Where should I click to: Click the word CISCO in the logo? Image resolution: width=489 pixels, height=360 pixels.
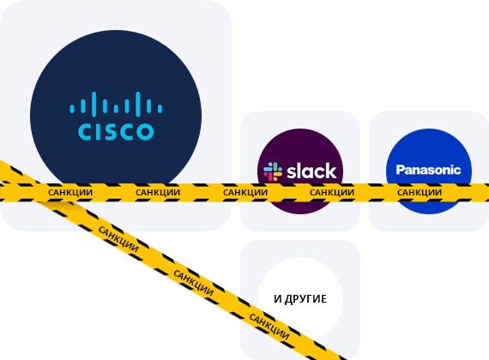(116, 131)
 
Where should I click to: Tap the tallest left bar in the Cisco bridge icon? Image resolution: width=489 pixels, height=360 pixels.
(94, 104)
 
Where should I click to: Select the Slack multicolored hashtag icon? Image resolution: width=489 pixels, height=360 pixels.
(273, 171)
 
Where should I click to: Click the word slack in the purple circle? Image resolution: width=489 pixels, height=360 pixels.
(311, 171)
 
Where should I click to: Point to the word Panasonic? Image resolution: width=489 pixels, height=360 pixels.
(428, 170)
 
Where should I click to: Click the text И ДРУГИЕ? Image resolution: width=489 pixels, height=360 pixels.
(300, 299)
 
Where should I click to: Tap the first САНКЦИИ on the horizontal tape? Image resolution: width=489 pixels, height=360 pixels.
(70, 192)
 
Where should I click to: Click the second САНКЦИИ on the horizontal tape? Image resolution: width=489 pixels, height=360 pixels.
(158, 192)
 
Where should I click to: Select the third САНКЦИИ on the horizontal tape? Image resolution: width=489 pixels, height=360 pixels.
(245, 192)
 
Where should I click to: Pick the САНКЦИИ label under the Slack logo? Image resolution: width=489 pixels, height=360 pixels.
(332, 192)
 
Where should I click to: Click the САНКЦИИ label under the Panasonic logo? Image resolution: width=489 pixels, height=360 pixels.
(420, 192)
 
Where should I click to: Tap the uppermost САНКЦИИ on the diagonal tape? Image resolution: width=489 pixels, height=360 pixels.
(118, 239)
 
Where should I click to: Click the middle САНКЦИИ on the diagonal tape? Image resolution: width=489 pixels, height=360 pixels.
(194, 283)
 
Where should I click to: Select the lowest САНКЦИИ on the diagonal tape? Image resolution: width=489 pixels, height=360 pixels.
(269, 327)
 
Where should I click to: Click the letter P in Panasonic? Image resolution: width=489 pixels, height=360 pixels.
(400, 170)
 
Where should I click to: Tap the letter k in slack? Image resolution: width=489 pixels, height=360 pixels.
(331, 171)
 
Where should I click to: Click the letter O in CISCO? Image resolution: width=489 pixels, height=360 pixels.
(145, 131)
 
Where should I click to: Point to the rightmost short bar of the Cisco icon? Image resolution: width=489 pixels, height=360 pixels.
(160, 109)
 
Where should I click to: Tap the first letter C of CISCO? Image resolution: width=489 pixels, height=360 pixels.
(85, 131)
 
